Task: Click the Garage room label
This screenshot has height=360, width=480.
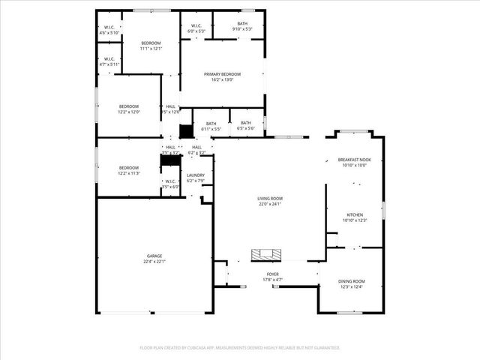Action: tap(154, 256)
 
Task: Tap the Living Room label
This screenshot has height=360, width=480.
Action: tap(269, 197)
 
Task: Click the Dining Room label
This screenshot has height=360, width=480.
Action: tap(351, 281)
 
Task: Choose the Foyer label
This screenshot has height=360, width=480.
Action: tap(273, 274)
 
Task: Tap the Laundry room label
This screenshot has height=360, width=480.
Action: tap(195, 175)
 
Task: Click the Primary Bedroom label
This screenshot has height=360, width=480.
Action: tap(222, 74)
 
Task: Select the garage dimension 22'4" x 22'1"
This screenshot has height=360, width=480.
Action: tap(154, 261)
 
